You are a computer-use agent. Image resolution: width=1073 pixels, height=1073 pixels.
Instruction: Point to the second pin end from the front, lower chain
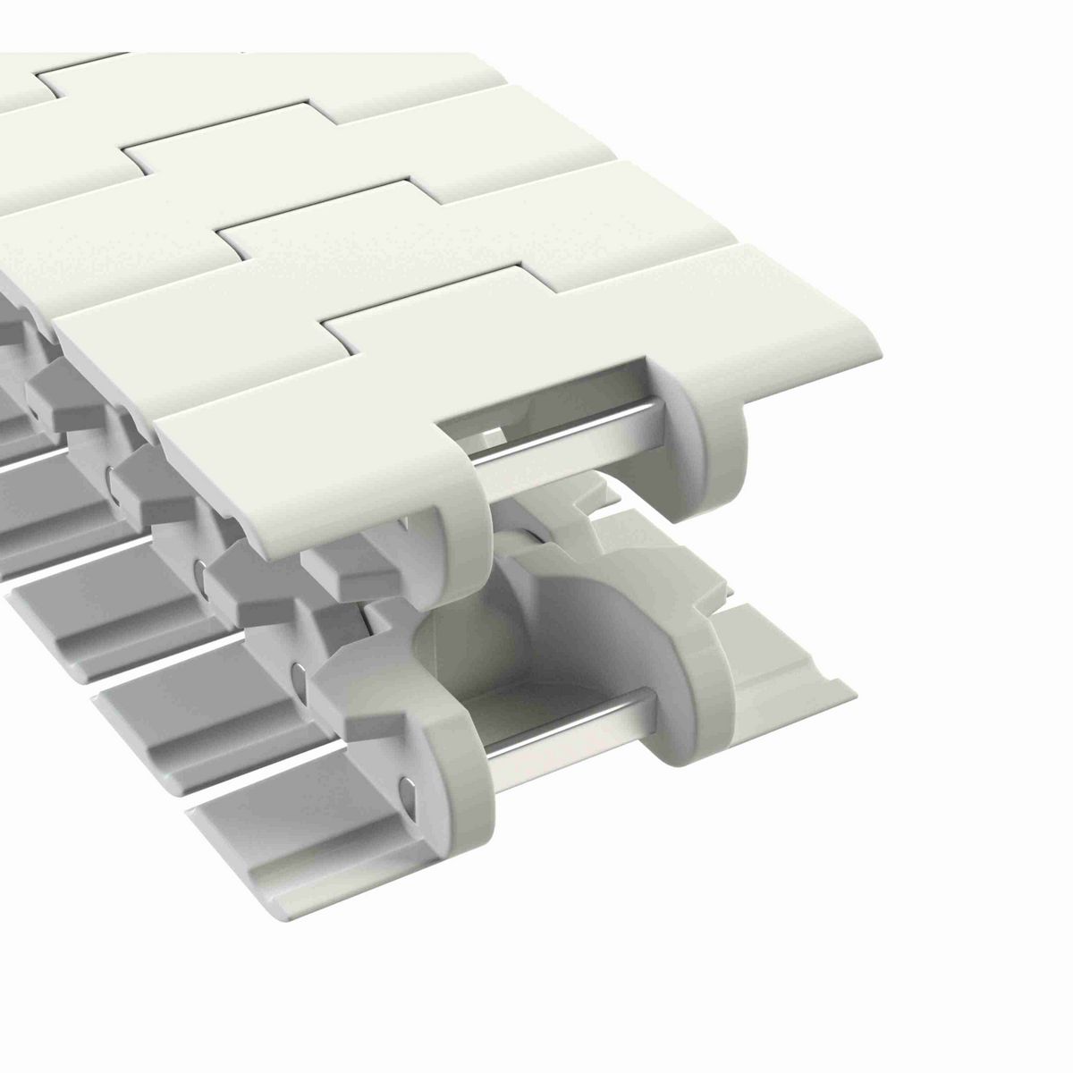[x=296, y=672]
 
